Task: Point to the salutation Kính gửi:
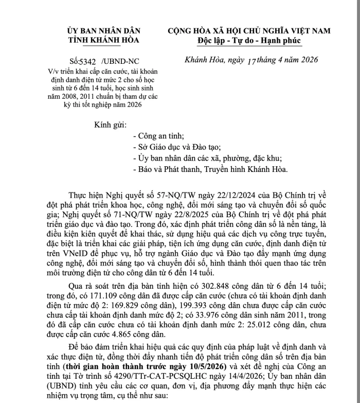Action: click(x=110, y=125)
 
